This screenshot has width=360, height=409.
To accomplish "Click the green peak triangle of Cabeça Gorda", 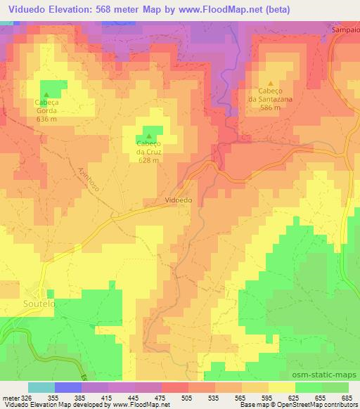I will [47, 94].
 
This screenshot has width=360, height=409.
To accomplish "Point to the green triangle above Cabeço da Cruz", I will [148, 135].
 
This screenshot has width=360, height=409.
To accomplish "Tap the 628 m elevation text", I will [148, 159].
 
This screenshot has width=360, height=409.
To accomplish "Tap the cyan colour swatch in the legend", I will [41, 387].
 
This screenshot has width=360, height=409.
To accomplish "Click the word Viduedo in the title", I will [27, 9].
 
